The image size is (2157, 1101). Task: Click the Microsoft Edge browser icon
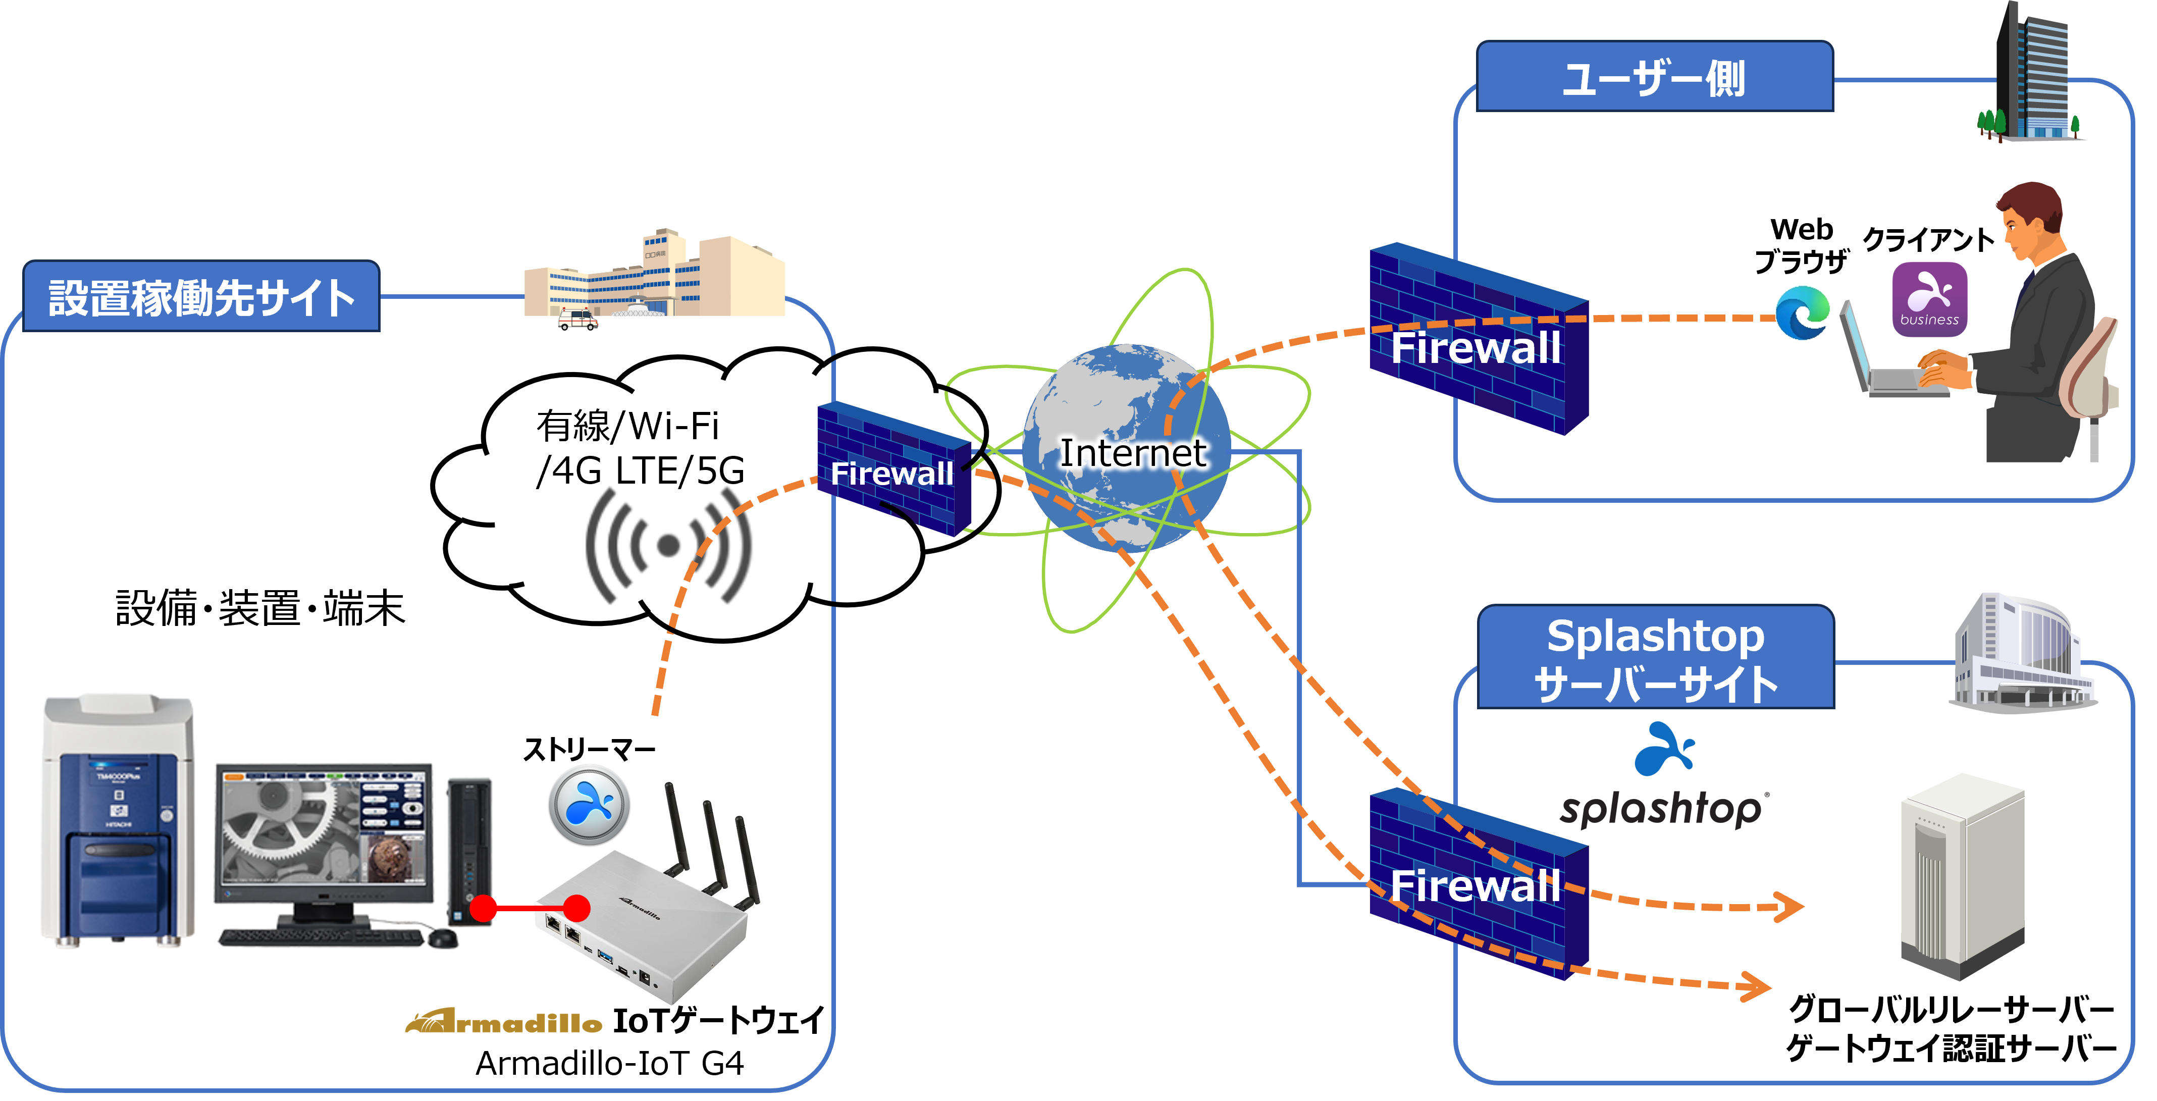pyautogui.click(x=1803, y=312)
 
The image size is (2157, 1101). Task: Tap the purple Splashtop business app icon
pyautogui.click(x=1929, y=299)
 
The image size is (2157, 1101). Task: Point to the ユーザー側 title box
pyautogui.click(x=1655, y=76)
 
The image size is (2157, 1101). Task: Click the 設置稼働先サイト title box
pyautogui.click(x=201, y=296)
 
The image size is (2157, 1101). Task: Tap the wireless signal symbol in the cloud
pyautogui.click(x=668, y=545)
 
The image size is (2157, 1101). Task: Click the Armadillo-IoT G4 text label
pyautogui.click(x=610, y=1063)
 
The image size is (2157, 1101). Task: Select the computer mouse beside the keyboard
pyautogui.click(x=443, y=938)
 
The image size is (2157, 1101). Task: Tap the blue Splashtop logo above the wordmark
pyautogui.click(x=1665, y=749)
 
